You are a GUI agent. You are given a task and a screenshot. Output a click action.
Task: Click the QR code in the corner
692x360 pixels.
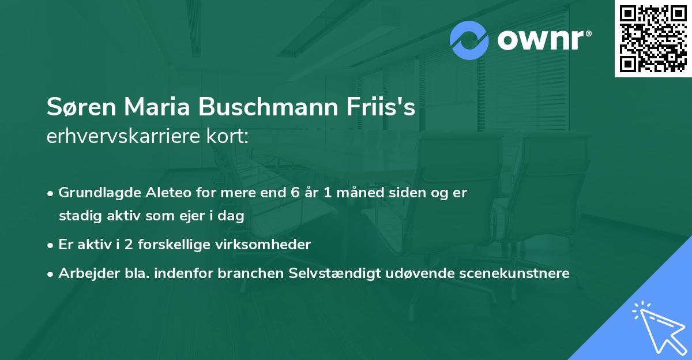click(x=653, y=38)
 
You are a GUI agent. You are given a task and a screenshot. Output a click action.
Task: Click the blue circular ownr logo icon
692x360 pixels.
click(x=469, y=40)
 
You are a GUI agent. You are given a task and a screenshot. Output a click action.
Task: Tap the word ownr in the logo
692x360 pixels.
click(x=542, y=40)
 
